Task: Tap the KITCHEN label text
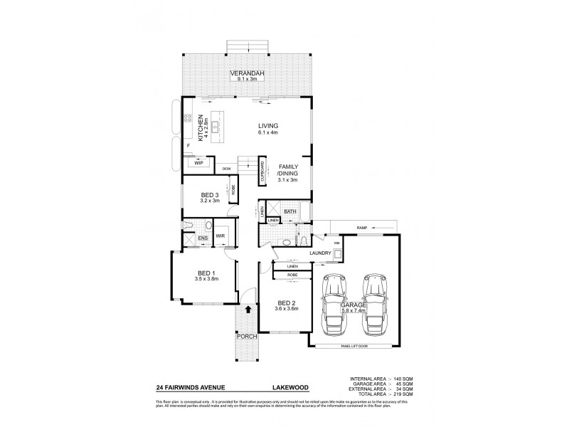point(201,128)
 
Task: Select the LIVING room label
point(267,126)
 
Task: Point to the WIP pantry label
point(198,163)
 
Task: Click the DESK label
point(226,169)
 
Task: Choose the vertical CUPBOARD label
point(262,172)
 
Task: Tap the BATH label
point(290,211)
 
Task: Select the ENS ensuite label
point(202,237)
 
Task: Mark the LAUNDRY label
point(321,253)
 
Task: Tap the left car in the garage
point(334,305)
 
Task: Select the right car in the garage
point(375,305)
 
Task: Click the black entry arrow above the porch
point(248,308)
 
